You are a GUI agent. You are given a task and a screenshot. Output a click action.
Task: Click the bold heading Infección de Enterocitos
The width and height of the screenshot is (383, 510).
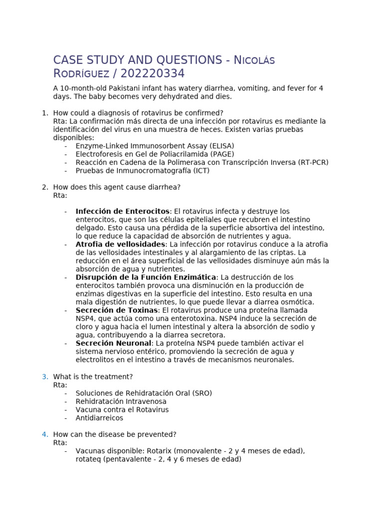point(122,212)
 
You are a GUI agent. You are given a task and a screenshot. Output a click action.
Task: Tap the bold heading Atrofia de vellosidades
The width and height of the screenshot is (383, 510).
point(120,245)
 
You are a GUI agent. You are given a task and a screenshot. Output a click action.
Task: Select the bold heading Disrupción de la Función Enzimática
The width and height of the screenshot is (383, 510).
point(146,277)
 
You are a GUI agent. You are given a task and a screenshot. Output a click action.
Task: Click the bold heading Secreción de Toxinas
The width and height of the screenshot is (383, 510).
point(116,310)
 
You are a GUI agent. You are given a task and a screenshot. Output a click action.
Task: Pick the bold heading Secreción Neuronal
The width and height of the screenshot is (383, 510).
point(113,343)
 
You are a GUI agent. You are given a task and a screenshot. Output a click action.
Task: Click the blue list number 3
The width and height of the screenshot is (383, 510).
point(44,377)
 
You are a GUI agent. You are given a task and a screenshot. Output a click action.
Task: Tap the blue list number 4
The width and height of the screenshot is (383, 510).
point(44,434)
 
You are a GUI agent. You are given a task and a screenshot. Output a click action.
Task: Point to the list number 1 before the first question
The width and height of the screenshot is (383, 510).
point(44,113)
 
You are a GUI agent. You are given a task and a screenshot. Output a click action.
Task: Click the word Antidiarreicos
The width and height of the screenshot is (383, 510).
point(99,418)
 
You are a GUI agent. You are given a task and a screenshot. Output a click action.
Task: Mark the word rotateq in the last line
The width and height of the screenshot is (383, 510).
point(88,459)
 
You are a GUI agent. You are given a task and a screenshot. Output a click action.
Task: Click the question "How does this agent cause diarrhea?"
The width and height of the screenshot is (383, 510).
point(117,187)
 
